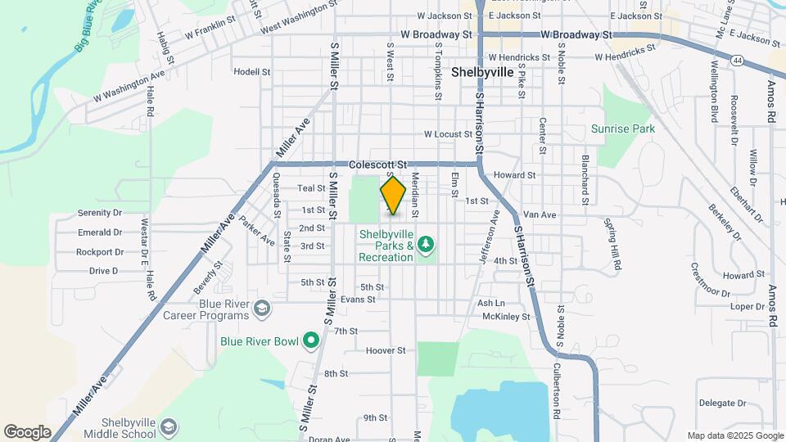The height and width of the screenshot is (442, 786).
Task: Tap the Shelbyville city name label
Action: tap(482, 72)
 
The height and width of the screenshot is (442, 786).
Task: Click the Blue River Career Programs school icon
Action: tap(261, 309)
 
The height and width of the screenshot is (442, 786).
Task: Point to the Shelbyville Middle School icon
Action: tap(168, 426)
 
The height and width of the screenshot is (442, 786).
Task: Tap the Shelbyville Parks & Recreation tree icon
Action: tap(425, 244)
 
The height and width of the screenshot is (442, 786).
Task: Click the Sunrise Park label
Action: tap(623, 129)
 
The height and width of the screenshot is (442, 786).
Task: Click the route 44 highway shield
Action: tap(739, 61)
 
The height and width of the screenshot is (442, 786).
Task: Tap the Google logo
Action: tap(27, 431)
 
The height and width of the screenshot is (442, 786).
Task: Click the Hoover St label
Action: tap(386, 350)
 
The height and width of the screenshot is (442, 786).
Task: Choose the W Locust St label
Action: tap(449, 133)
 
